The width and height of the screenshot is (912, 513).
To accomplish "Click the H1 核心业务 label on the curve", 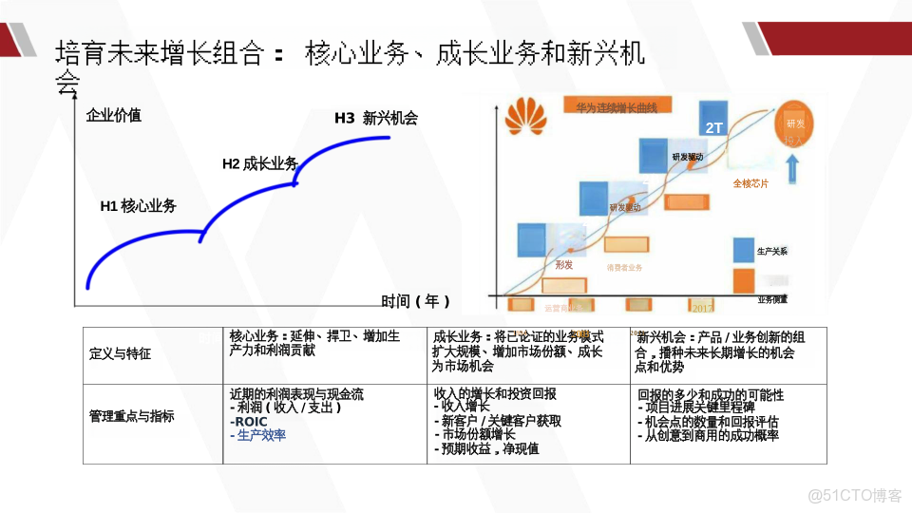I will [x=138, y=206].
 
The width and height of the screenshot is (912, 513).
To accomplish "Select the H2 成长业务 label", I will [x=259, y=163].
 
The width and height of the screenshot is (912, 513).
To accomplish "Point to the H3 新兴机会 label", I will [x=375, y=119].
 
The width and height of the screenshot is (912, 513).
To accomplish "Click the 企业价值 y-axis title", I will [x=113, y=116].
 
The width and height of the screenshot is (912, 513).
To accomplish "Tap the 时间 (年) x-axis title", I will [x=415, y=301].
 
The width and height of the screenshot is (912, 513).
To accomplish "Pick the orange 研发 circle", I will [x=794, y=124].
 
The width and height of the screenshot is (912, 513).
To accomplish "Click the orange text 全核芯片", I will [x=750, y=183].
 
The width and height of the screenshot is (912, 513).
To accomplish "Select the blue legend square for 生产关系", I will [x=743, y=250].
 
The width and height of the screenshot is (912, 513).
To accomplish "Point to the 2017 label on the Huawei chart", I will [x=703, y=308].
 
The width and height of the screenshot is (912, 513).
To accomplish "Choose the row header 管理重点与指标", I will [x=131, y=416].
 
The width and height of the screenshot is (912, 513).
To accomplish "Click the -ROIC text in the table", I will [x=249, y=422].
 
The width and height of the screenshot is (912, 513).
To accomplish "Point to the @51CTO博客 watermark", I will [x=854, y=494].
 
